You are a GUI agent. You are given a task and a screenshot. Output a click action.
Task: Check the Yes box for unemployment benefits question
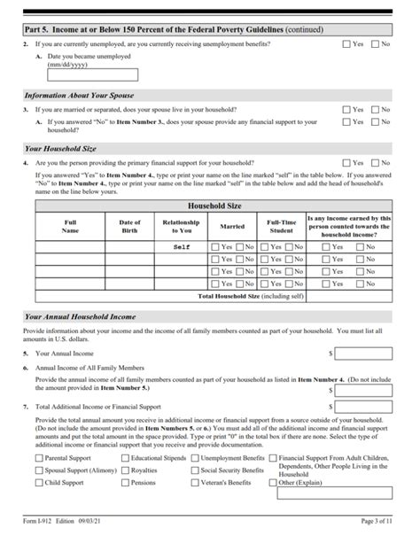coord(346,43)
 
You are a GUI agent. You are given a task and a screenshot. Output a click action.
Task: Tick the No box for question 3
coord(375,110)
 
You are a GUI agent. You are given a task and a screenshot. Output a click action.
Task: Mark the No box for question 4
coord(375,163)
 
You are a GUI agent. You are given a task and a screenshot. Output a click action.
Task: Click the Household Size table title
coord(209,206)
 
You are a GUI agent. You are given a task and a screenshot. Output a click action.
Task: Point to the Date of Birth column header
coord(130,226)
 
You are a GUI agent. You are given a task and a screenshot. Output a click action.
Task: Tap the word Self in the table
coord(182,247)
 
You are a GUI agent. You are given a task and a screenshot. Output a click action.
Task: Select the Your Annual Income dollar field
coord(363,353)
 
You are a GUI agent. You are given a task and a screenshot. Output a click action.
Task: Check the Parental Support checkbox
coord(39,459)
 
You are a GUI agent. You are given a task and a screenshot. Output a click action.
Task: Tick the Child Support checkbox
coord(39,484)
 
